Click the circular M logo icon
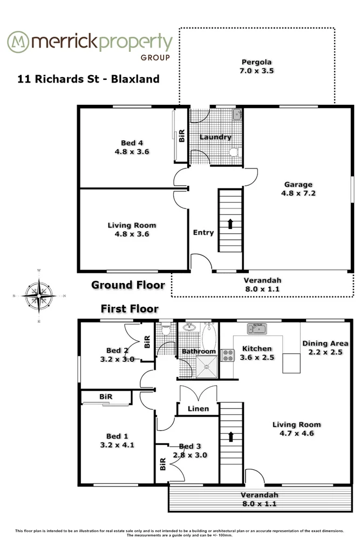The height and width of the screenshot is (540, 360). click(18, 42)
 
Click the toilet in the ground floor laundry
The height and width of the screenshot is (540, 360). click(234, 152)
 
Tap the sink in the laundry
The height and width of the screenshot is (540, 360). click(236, 114)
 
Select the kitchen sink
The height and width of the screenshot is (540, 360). click(257, 328)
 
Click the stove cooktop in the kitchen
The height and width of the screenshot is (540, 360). click(227, 355)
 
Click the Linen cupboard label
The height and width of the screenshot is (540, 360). click(198, 409)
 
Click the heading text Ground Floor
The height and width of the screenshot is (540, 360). click(127, 285)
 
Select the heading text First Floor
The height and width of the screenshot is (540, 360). click(130, 309)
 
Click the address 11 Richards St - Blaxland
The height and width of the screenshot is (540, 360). click(88, 79)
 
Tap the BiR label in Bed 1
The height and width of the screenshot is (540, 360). click(106, 397)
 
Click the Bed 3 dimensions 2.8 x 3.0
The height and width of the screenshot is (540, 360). click(189, 455)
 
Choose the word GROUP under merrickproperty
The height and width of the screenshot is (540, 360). click(155, 57)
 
